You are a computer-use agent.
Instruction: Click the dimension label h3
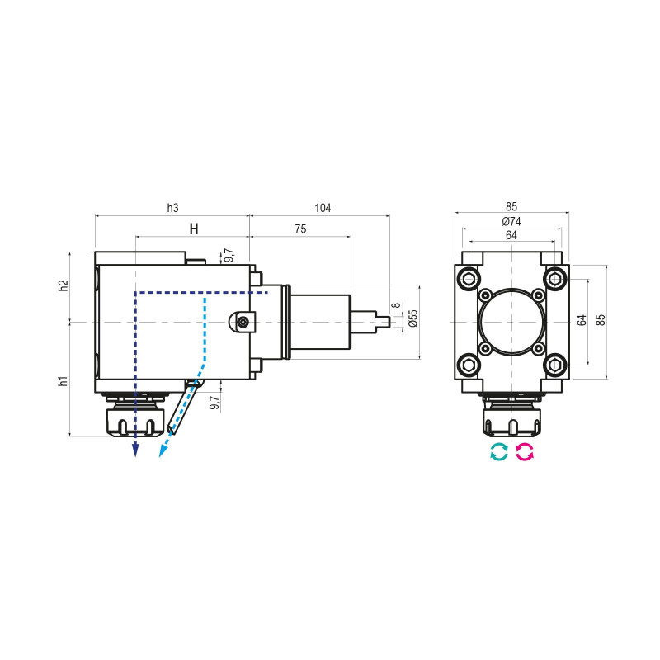pos(172,209)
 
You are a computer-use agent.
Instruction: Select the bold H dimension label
pos(194,229)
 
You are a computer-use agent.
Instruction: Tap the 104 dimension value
pos(323,209)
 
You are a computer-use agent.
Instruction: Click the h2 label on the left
pos(64,285)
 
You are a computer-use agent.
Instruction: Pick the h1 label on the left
pos(64,380)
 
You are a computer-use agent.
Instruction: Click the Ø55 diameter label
pos(412,318)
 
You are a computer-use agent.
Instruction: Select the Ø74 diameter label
pos(511,221)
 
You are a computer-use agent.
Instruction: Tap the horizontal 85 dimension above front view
pos(511,208)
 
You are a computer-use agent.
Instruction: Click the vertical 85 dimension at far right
pos(601,320)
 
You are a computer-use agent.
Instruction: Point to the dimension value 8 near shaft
pos(396,306)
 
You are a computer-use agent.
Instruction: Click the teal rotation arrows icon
pos(498,451)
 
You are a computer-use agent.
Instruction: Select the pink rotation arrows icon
pos(525,451)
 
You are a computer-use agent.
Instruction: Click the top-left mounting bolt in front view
pos(469,278)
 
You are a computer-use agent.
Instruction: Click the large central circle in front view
pos(511,321)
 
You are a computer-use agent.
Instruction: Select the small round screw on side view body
pos(243,322)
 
